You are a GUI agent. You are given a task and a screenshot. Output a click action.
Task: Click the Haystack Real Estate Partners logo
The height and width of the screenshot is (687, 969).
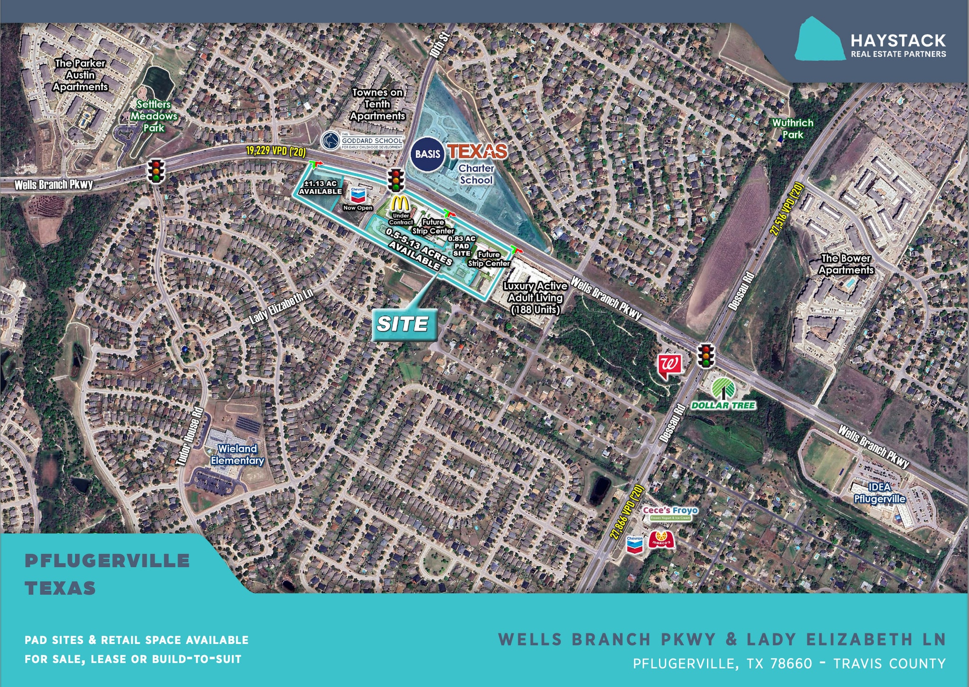pyautogui.click(x=871, y=41)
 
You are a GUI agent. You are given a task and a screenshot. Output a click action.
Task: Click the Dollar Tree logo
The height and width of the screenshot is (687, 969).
pyautogui.click(x=723, y=394)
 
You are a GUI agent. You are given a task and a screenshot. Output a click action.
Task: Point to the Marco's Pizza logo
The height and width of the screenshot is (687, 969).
pyautogui.click(x=661, y=540)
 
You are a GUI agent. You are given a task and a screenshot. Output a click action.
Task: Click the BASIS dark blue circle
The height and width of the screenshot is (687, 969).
pyautogui.click(x=428, y=154)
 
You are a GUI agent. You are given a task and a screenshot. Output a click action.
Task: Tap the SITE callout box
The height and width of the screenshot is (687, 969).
pyautogui.click(x=403, y=324)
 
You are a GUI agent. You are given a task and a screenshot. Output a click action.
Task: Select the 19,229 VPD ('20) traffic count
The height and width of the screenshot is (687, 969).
pyautogui.click(x=276, y=151)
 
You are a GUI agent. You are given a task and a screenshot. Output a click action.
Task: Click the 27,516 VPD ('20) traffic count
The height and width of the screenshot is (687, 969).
pyautogui.click(x=786, y=209)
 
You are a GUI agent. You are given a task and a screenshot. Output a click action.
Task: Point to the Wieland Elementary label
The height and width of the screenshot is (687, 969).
pyautogui.click(x=237, y=454)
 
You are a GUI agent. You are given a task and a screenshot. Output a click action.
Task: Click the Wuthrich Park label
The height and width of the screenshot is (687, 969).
pyautogui.click(x=793, y=129)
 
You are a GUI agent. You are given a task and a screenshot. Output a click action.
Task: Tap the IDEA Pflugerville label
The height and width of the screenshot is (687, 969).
pyautogui.click(x=880, y=493)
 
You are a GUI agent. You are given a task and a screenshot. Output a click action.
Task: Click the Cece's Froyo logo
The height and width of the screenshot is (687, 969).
pyautogui.click(x=670, y=513)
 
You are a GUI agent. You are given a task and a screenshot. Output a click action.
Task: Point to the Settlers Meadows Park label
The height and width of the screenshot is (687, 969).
pyautogui.click(x=154, y=116)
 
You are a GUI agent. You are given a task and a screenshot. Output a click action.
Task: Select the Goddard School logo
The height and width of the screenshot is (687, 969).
pyautogui.click(x=362, y=141)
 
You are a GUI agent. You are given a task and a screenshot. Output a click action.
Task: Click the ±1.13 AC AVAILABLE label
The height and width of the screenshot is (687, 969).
pyautogui.click(x=320, y=187)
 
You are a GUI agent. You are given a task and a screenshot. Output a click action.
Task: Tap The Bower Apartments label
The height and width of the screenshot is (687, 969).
pyautogui.click(x=846, y=264)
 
